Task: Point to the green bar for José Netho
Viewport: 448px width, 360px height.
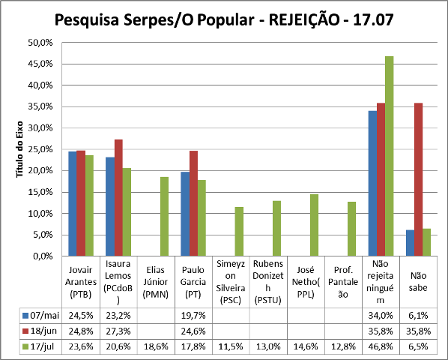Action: tap(314, 225)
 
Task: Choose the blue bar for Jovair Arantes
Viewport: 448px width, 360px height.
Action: tap(73, 203)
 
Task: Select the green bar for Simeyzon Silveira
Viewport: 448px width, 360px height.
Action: tap(239, 231)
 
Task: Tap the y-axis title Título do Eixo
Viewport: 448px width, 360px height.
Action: tap(20, 149)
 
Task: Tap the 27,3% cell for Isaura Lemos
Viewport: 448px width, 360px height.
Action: tap(119, 329)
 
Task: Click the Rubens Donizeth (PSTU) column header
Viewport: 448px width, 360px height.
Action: tap(268, 281)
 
